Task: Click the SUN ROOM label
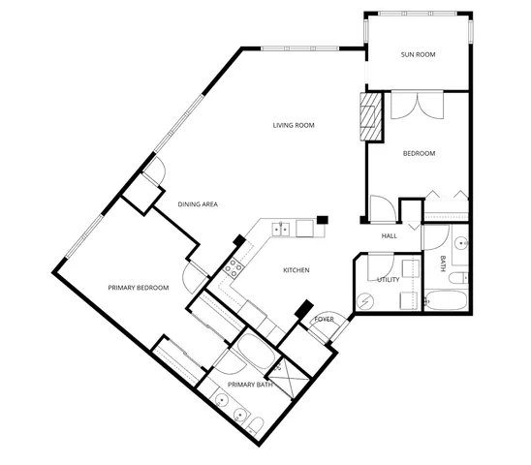(419, 55)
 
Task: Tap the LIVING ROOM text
(294, 125)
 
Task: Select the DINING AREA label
(197, 204)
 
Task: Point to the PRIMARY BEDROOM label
(139, 288)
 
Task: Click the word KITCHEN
(296, 270)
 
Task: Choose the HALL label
(389, 235)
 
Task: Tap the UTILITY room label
(388, 280)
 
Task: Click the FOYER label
(324, 319)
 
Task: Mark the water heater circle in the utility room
(365, 301)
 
